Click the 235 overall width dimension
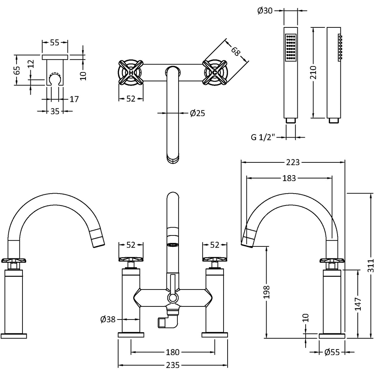172,365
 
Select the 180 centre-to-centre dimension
172,352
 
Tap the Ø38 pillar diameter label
108,319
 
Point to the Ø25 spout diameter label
197,113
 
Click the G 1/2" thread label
263,137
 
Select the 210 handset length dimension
313,72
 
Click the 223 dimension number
292,162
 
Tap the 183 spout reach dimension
289,178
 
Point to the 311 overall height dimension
370,265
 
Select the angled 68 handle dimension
235,51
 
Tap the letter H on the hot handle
131,72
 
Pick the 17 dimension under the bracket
74,99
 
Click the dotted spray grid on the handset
291,48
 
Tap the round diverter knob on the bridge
172,298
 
